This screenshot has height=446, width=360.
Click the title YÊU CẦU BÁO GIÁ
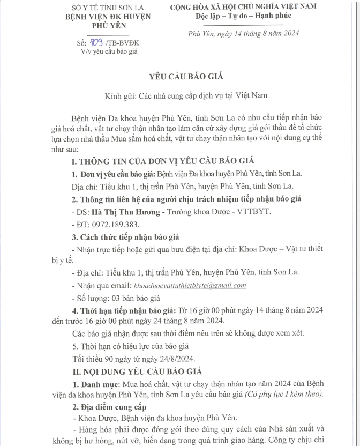pos(179,76)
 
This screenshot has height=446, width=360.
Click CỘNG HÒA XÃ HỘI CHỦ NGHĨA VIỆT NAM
pos(243,6)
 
